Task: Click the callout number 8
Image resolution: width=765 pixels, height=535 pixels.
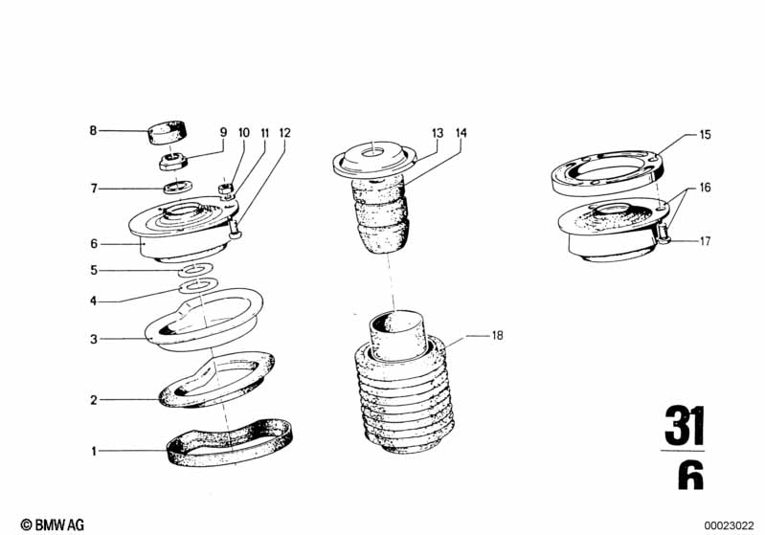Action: [93, 131]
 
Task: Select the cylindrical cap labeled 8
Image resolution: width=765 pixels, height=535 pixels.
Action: [169, 132]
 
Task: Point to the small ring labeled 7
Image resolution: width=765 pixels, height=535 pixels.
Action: [177, 187]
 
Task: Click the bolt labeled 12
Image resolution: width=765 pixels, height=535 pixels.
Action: [236, 229]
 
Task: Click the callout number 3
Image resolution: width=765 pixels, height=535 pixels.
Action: [94, 339]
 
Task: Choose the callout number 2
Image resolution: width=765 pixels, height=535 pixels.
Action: [94, 400]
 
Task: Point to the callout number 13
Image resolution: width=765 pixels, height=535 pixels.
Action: [438, 133]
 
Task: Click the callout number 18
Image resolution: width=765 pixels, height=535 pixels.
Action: [497, 336]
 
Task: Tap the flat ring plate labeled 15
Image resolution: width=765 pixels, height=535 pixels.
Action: [607, 173]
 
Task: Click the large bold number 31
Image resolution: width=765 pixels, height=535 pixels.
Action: [685, 425]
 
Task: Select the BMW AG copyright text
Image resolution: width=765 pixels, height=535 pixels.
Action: [53, 524]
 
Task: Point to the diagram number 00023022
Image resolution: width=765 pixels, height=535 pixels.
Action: [729, 525]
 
